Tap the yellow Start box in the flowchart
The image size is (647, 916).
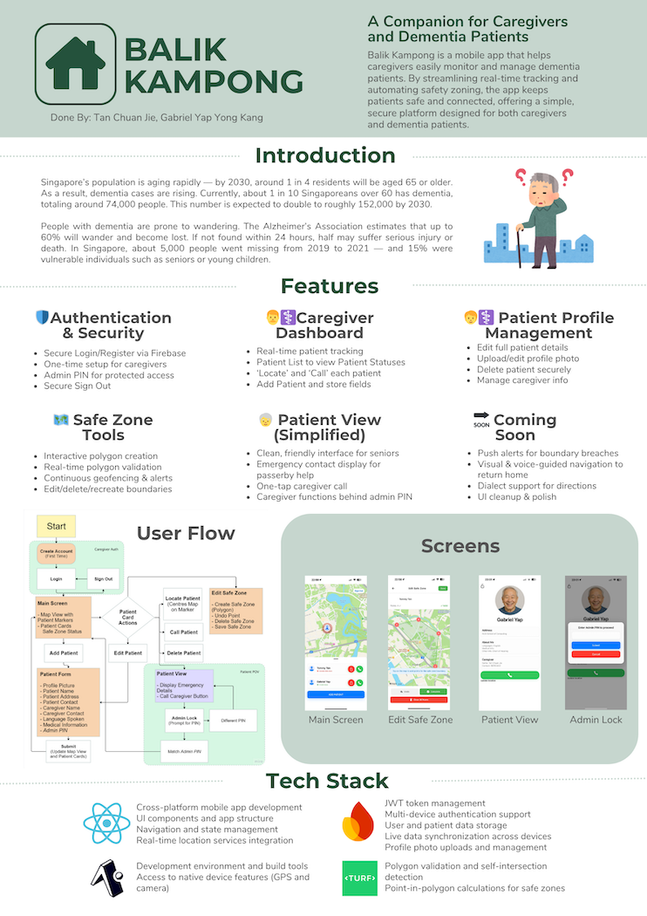[57, 527]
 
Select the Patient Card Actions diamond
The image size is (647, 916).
[127, 617]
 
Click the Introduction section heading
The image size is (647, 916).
[324, 156]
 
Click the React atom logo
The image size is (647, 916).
[106, 824]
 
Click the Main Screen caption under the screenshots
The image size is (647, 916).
[336, 720]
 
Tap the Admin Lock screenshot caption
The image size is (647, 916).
[596, 720]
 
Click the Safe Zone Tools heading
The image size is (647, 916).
[103, 427]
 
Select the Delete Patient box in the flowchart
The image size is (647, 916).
[184, 653]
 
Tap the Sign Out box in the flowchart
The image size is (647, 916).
[102, 578]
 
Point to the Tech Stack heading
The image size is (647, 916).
[327, 780]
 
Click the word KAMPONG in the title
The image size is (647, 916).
[214, 81]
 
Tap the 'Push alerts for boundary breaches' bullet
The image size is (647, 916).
[548, 454]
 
